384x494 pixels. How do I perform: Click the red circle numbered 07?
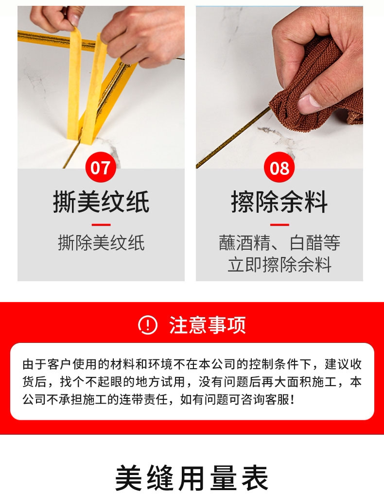coord(101,167)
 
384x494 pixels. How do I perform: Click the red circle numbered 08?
coord(279,167)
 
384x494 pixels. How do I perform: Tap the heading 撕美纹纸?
coord(101,202)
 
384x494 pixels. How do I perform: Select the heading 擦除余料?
coord(279,202)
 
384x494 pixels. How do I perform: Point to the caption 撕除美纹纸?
coord(101,243)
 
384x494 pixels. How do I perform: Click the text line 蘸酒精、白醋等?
coord(279,243)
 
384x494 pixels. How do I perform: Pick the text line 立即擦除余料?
coord(279,264)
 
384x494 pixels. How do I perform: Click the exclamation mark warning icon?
coord(148,325)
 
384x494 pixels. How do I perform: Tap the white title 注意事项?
coord(208,325)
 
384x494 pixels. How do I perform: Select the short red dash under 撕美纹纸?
coord(101,224)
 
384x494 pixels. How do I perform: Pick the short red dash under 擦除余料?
coord(279,224)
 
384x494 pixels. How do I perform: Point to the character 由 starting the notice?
coord(28,364)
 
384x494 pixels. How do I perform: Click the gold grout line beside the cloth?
coord(233,137)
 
